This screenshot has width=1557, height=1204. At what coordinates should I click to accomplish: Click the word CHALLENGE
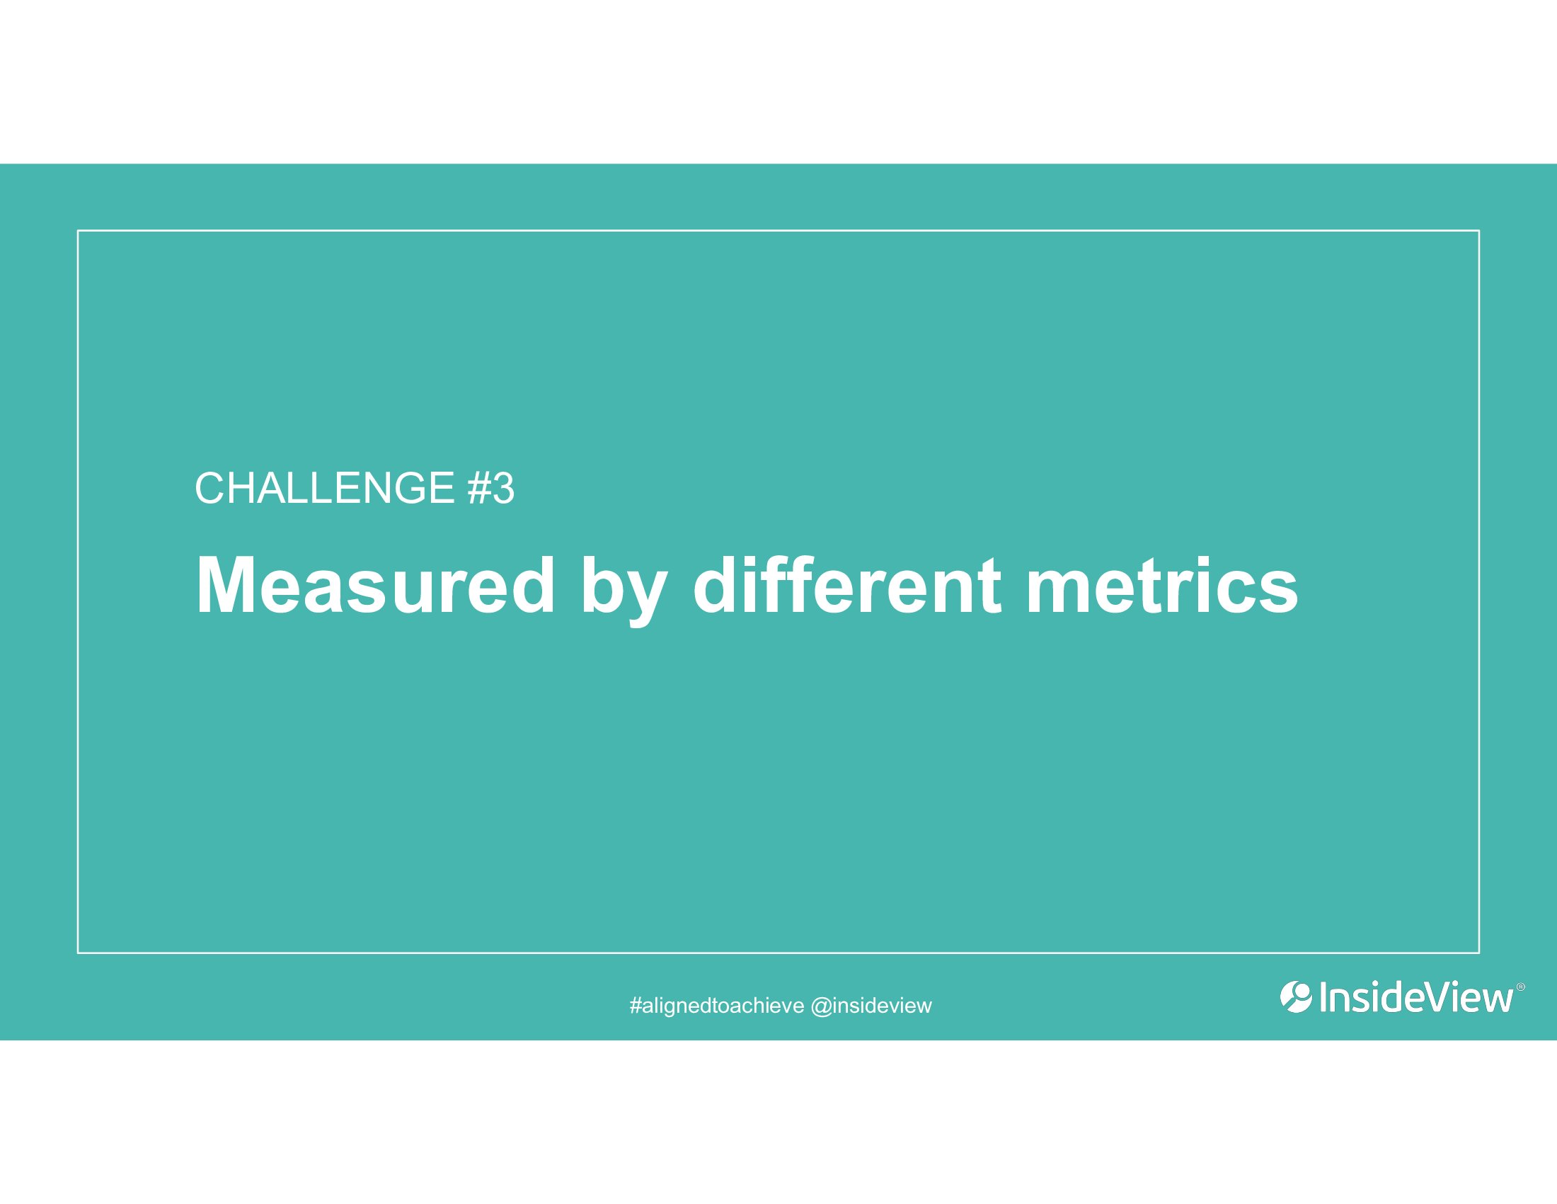coord(325,489)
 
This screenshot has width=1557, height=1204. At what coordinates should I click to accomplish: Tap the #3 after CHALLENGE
coord(491,489)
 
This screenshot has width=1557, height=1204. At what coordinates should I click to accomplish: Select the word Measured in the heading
coord(375,586)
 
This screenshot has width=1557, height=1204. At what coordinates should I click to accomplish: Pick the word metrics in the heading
coord(1162,586)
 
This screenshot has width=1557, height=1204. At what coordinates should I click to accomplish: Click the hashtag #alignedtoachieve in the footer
coord(717,1006)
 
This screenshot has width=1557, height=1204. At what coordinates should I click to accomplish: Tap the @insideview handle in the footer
coord(872,1006)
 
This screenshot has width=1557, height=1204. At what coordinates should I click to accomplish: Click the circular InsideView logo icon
coord(1296,997)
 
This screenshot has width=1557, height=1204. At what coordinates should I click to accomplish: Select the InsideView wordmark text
coord(1416,997)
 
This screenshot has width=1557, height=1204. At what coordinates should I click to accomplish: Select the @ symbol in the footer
coord(822,1006)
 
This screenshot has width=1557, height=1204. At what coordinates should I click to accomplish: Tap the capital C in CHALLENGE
coord(211,489)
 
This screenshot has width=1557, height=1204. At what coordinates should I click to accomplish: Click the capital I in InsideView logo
coord(1323,997)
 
